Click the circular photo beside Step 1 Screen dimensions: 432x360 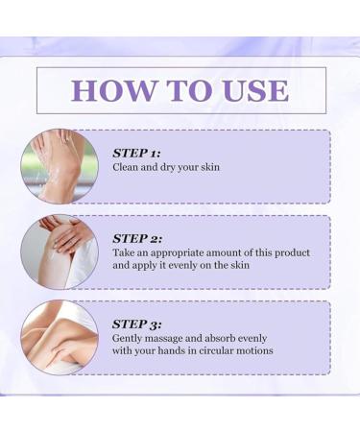60,166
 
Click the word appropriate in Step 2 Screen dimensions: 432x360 173,253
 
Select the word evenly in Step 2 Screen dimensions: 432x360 190,266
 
